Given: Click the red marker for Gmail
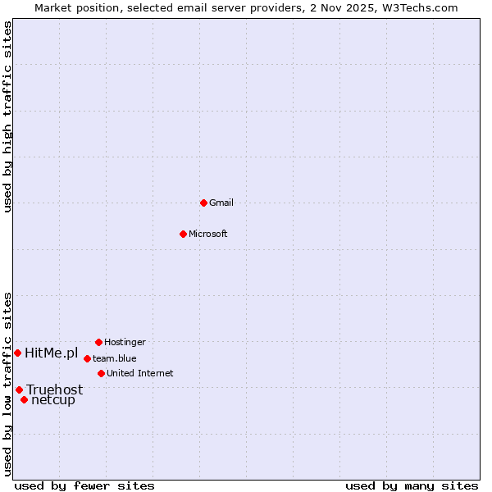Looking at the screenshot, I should [x=203, y=203].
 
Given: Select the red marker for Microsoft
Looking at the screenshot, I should [x=184, y=234].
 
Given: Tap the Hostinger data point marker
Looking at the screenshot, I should [x=98, y=342].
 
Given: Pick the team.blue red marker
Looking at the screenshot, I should [x=87, y=358].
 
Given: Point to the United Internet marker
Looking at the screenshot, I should [x=101, y=373].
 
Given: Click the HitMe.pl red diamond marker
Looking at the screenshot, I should [x=17, y=353].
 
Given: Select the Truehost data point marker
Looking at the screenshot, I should [x=19, y=389].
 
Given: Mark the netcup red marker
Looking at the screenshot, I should [x=25, y=400].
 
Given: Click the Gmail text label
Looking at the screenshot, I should [x=221, y=203].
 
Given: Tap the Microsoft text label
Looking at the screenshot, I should [x=208, y=234].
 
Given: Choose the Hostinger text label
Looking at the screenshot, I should [x=125, y=342].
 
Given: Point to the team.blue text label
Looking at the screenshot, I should [x=115, y=358].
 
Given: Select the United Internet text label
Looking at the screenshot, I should [x=140, y=373].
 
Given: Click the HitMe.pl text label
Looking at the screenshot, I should [x=52, y=353].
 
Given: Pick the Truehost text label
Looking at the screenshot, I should [x=54, y=389].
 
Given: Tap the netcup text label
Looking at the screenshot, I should [x=53, y=400].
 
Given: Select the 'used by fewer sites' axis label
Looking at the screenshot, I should [x=84, y=485].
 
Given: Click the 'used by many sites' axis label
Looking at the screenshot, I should [x=412, y=485].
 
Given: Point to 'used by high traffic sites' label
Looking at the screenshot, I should [x=7, y=116].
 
